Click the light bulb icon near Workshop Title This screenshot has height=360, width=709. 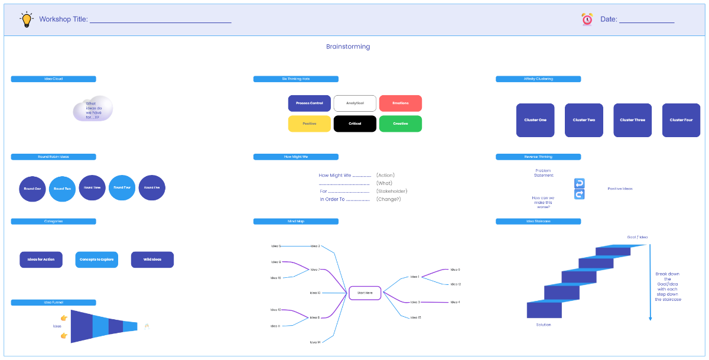click(x=27, y=20)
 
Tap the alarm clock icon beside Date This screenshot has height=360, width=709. click(x=587, y=20)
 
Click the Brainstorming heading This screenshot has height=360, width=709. click(x=348, y=47)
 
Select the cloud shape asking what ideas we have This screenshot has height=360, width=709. click(x=93, y=109)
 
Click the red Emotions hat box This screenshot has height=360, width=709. click(x=400, y=103)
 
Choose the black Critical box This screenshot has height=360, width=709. click(x=354, y=124)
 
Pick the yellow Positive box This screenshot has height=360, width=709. click(x=309, y=124)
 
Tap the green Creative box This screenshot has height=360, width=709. click(x=400, y=124)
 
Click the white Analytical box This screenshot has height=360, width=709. click(x=354, y=103)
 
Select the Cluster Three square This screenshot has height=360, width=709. click(x=632, y=120)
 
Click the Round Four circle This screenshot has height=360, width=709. click(x=122, y=187)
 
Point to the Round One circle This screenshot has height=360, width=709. click(x=32, y=189)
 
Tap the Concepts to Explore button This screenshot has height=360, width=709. click(x=97, y=260)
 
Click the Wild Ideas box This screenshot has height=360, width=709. click(x=152, y=260)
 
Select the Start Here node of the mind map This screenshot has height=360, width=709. click(x=365, y=293)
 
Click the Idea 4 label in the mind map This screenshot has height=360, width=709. click(x=455, y=302)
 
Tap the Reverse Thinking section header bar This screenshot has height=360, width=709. click(x=538, y=157)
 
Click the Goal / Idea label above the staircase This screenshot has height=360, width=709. click(x=637, y=237)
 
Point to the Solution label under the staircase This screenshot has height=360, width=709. click(x=543, y=325)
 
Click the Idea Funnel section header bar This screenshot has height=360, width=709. click(x=53, y=303)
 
